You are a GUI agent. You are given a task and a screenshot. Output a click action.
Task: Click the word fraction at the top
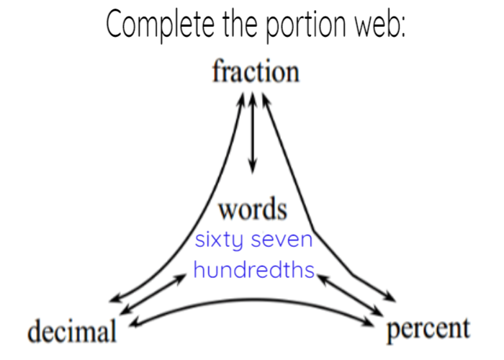[255, 73]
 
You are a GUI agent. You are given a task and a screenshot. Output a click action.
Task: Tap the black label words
[252, 210]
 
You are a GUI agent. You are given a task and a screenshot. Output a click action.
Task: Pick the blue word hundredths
[253, 270]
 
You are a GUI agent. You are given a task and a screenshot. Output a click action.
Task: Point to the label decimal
[72, 333]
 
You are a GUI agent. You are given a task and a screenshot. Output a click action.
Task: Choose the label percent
[428, 329]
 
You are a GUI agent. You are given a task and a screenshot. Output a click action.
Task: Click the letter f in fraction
[217, 72]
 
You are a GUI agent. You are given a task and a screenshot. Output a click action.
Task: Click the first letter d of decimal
[34, 332]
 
